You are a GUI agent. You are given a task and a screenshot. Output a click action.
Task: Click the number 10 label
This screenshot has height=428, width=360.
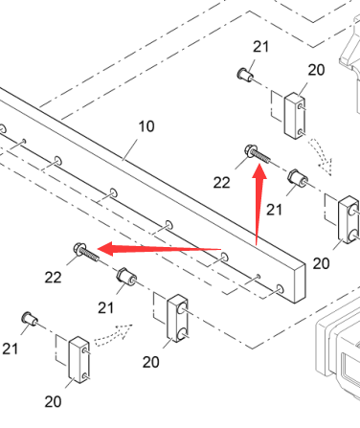(x=146, y=126)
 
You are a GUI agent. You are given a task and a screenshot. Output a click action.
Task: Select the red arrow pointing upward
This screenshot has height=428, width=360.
(x=259, y=204)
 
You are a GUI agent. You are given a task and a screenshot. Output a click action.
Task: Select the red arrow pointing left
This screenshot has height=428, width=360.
(x=159, y=249)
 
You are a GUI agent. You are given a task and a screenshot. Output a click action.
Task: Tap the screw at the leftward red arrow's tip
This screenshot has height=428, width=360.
(x=86, y=252)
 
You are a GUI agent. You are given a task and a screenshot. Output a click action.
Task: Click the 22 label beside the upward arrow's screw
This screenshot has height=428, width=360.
(x=221, y=183)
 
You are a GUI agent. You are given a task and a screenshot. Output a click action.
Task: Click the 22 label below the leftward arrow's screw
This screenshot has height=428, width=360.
(x=53, y=278)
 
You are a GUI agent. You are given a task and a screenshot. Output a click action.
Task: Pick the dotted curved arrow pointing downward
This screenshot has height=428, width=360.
(x=321, y=155)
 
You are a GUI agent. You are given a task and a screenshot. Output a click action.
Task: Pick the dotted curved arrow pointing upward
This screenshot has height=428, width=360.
(x=113, y=335)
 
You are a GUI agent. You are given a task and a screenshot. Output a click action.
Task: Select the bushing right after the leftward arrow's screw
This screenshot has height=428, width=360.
(x=126, y=277)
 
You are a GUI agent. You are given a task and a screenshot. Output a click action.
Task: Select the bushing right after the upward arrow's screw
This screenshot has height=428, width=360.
(x=298, y=178)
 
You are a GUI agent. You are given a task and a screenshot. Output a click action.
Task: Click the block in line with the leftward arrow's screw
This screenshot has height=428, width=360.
(x=177, y=319)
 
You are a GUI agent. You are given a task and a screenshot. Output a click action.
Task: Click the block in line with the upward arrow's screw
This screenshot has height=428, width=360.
(x=349, y=219)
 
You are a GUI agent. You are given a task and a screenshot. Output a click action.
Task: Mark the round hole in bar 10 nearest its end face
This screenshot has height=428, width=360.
(x=280, y=288)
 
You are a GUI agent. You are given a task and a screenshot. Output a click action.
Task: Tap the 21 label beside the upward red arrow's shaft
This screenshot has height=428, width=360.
(x=274, y=210)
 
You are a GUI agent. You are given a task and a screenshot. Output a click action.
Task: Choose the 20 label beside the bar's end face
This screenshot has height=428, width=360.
(x=321, y=263)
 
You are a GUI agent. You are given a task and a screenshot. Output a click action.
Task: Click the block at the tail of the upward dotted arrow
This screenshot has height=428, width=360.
(x=79, y=359)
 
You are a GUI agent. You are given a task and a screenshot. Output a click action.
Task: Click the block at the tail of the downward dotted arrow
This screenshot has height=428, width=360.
(x=295, y=116)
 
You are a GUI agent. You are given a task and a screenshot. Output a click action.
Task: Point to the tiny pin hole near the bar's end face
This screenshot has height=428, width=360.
(x=259, y=276)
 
